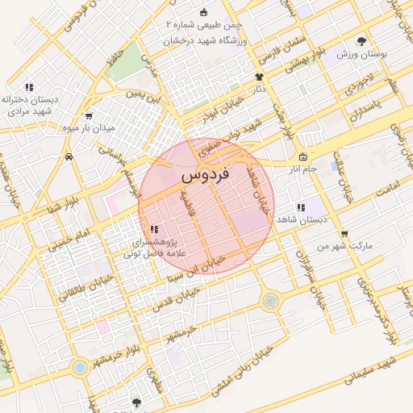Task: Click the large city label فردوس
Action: click(206, 173)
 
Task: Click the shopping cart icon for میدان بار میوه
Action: click(88, 115)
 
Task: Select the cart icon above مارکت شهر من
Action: click(345, 233)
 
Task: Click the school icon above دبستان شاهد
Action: click(301, 207)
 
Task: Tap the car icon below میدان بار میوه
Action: click(70, 156)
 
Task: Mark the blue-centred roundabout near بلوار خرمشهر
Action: click(79, 368)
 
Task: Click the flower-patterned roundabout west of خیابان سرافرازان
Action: click(268, 301)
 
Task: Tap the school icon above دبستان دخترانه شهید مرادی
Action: click(29, 86)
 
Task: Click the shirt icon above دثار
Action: click(260, 77)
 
